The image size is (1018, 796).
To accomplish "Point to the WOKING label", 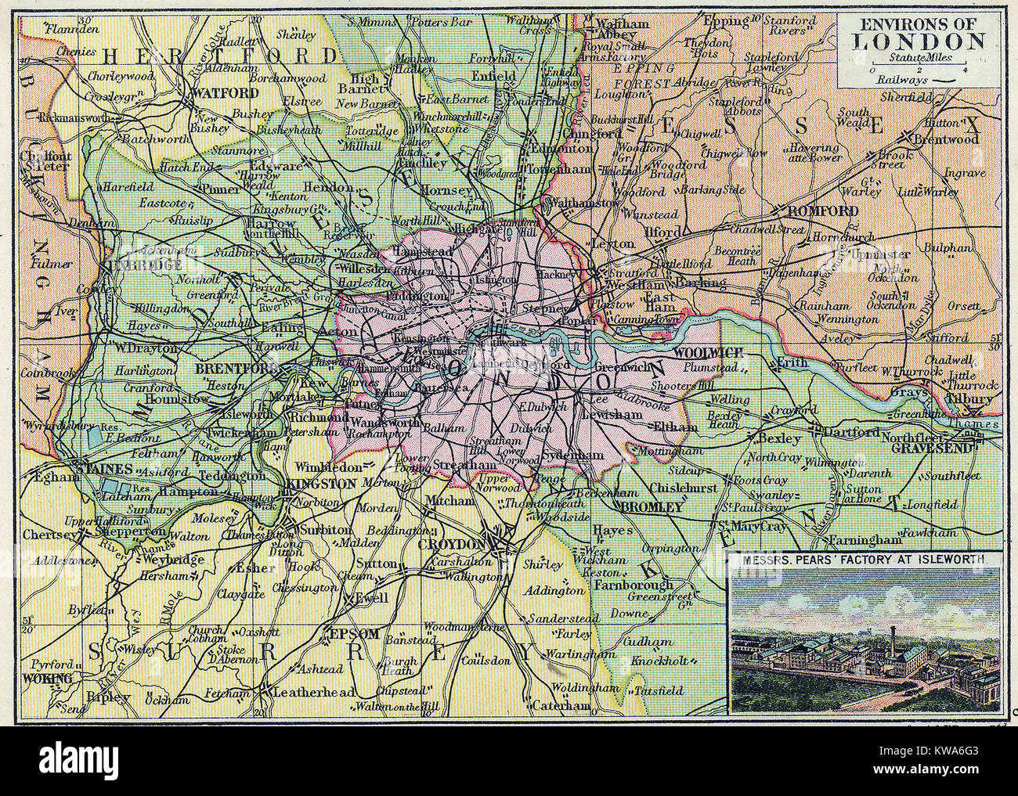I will click(49, 677).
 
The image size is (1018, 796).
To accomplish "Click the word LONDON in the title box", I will click(918, 41).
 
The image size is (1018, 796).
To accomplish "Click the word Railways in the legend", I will click(901, 79).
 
